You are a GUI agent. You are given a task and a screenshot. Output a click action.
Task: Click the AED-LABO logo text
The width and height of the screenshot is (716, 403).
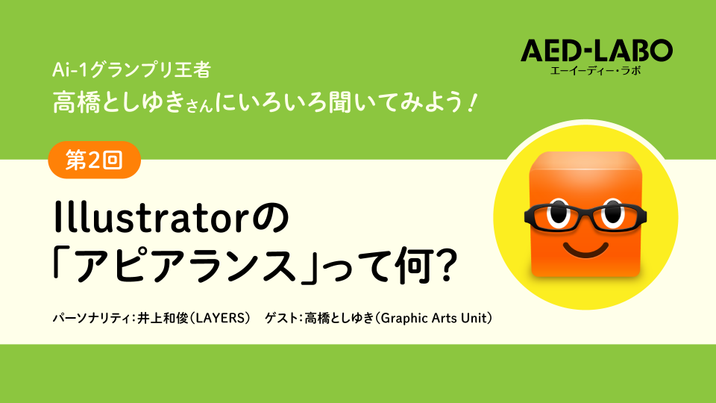[597, 50]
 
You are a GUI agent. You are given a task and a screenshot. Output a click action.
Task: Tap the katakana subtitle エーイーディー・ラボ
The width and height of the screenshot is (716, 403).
[596, 70]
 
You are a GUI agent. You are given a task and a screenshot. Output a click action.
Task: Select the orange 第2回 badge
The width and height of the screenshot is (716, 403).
[95, 160]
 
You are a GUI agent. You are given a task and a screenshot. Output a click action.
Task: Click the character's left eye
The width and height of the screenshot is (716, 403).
[558, 213]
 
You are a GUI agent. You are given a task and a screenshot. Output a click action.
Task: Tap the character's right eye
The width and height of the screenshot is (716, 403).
[613, 213]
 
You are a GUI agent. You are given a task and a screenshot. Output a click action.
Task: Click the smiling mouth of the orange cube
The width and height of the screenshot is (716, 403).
[586, 250]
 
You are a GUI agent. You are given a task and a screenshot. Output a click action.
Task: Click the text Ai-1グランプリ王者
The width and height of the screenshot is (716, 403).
[131, 70]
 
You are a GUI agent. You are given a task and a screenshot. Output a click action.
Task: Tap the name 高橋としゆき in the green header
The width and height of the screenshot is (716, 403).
[119, 101]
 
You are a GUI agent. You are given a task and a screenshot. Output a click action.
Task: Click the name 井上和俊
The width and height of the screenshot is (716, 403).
[163, 318]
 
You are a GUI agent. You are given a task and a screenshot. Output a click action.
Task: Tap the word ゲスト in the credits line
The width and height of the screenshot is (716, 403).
[281, 318]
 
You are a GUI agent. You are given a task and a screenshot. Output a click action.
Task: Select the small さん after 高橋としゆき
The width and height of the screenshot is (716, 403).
[200, 105]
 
